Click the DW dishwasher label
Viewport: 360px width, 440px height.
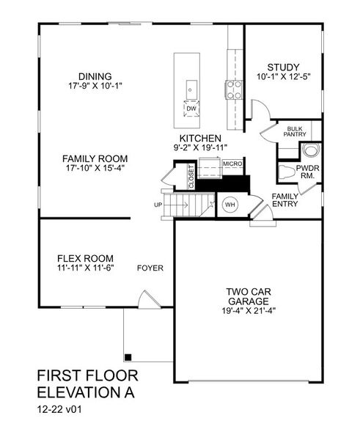[x=191, y=109]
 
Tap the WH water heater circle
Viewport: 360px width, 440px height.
[x=229, y=205]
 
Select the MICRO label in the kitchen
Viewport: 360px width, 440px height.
[x=233, y=164]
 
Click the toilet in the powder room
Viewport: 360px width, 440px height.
[x=311, y=151]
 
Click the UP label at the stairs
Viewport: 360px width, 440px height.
[x=158, y=205]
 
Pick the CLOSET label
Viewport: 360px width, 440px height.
[x=191, y=178]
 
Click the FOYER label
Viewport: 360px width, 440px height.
[x=150, y=268]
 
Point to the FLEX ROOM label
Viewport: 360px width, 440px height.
[x=85, y=258]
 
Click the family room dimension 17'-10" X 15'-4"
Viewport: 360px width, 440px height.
[x=95, y=169]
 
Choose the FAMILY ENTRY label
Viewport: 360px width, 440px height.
[x=284, y=201]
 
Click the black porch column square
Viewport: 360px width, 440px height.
[x=128, y=357]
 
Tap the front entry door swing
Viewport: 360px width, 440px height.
[x=147, y=298]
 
